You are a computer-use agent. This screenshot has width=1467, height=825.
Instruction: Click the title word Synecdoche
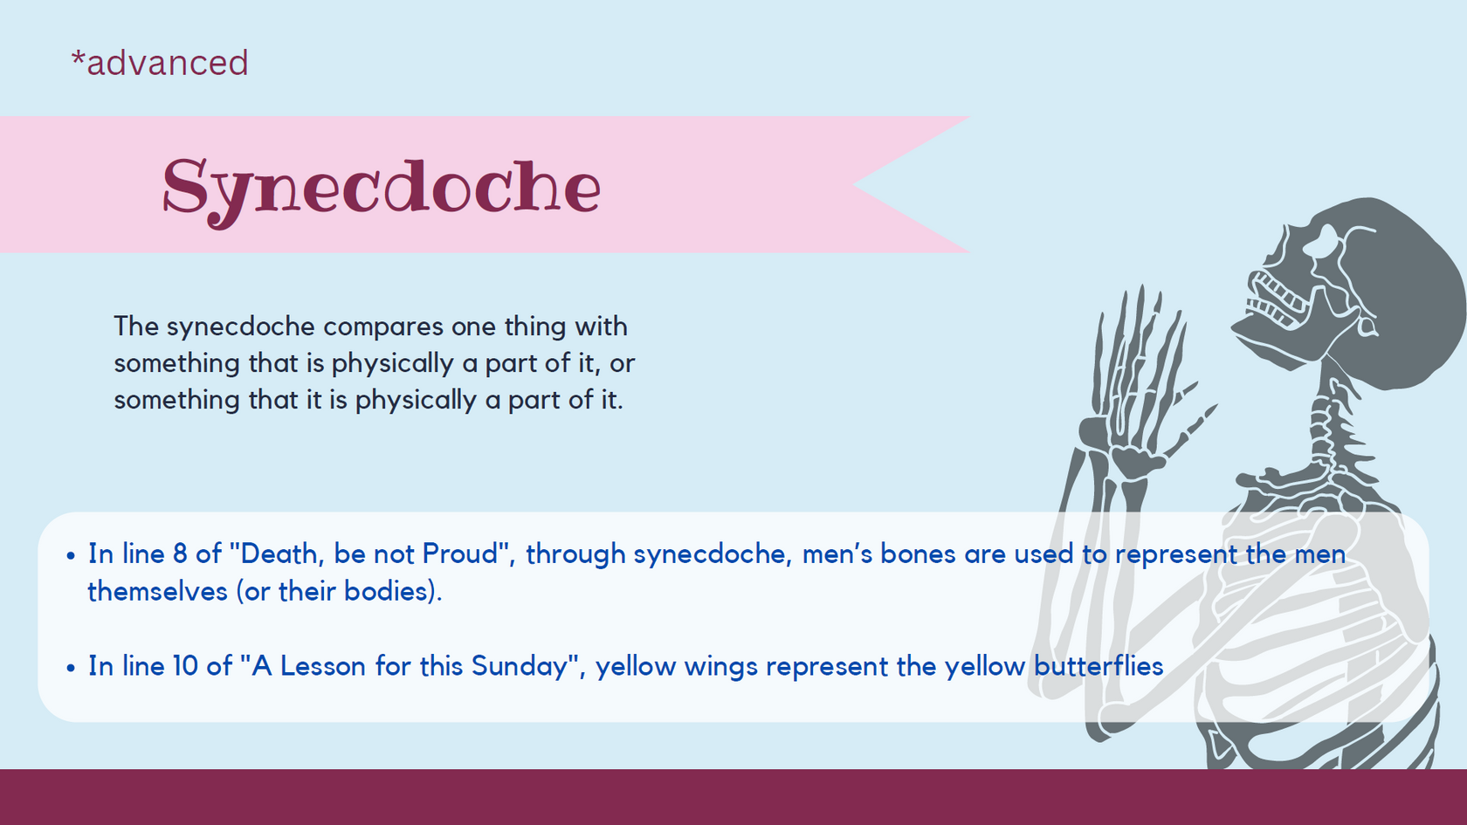tap(381, 188)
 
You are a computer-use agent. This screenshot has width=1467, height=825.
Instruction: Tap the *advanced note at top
tap(160, 63)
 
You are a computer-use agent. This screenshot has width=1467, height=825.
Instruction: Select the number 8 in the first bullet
tap(180, 553)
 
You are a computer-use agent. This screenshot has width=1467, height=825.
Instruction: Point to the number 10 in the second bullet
tap(185, 666)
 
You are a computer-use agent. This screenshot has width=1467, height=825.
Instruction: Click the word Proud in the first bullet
tap(458, 553)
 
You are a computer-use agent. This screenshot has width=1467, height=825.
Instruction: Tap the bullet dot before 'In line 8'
tap(71, 556)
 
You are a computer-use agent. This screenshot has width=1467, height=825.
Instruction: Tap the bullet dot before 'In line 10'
tap(71, 669)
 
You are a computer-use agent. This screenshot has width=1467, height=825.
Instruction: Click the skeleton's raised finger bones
tap(1135, 349)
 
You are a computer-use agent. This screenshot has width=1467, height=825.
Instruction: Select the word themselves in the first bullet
tap(157, 591)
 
